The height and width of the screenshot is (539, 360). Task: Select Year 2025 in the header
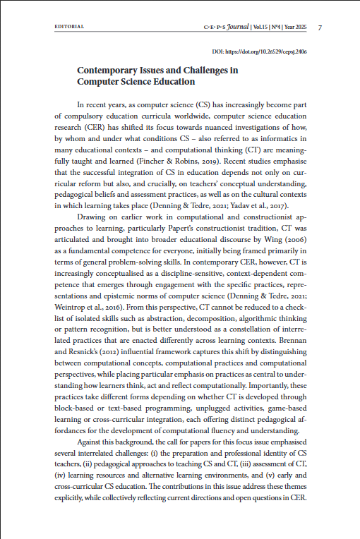click(x=297, y=27)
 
